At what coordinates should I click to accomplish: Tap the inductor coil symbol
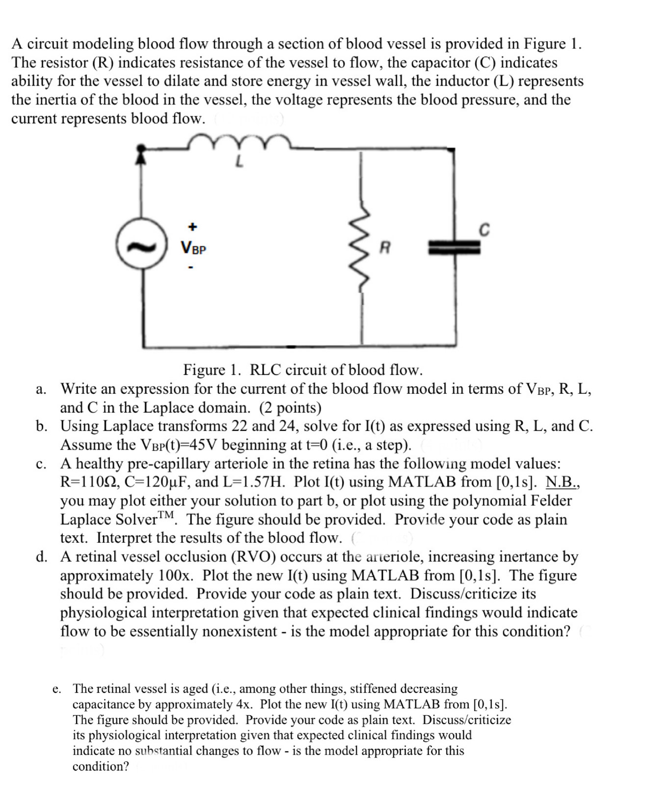click(239, 141)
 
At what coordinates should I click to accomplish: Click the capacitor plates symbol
click(454, 248)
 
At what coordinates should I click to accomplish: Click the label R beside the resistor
click(385, 248)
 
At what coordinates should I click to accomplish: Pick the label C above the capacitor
click(483, 229)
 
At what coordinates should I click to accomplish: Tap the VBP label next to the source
click(194, 248)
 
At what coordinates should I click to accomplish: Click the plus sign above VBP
click(193, 226)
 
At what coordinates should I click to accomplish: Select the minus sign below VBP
click(192, 268)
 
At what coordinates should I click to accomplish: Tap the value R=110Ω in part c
click(89, 482)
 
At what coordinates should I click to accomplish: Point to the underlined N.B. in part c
click(562, 482)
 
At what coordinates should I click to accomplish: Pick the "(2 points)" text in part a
click(290, 407)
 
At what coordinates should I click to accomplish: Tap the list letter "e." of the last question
click(57, 689)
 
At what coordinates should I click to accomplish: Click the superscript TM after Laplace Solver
click(167, 514)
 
